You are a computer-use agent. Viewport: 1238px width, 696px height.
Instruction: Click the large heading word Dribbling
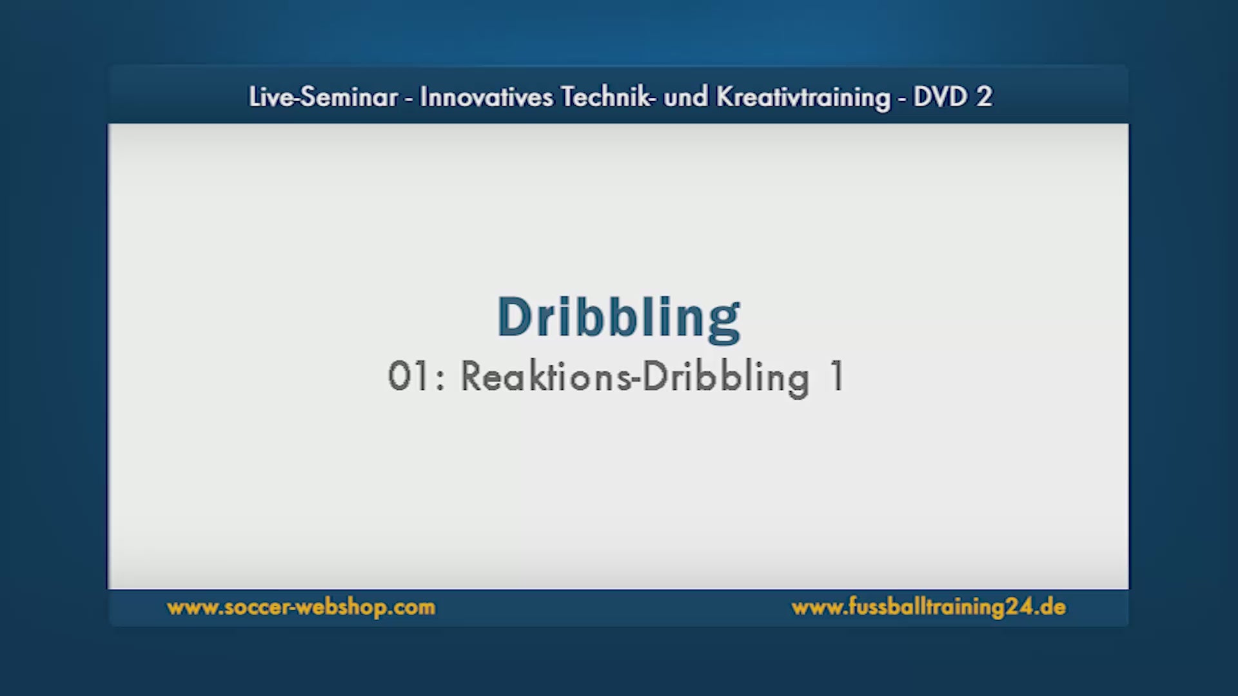618,318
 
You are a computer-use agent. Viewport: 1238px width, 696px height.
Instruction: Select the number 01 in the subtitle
408,376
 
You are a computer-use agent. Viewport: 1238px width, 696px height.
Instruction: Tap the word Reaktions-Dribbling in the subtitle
635,378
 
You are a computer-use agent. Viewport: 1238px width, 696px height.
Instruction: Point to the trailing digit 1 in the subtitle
837,376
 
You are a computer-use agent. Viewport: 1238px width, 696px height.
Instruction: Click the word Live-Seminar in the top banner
323,97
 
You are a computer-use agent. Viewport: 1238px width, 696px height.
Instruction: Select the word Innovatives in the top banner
487,97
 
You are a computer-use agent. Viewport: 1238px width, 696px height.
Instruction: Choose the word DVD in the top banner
941,97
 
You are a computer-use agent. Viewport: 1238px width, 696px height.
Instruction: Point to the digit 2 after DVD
984,97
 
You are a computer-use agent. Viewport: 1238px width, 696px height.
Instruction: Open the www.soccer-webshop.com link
301,607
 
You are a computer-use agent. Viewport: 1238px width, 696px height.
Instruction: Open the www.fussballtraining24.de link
928,607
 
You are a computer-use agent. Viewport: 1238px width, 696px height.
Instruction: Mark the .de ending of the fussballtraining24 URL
1050,607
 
